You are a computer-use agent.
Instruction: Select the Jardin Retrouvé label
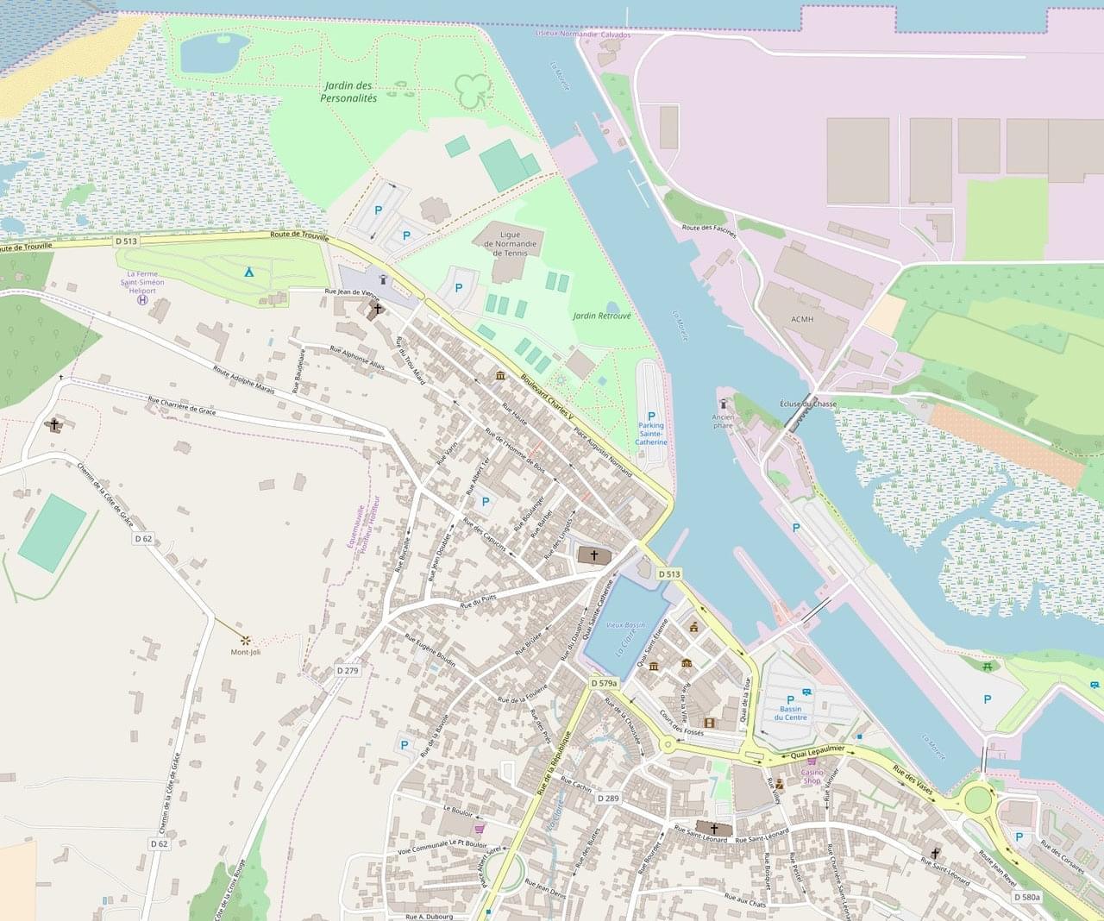coord(602,316)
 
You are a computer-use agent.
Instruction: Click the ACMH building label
coord(802,318)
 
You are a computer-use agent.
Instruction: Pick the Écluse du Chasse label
coord(808,404)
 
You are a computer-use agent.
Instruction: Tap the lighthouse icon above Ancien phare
coord(724,404)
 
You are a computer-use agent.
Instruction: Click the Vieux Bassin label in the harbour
coord(625,623)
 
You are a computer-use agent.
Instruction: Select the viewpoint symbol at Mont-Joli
coord(246,640)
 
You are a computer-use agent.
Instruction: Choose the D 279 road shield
coord(348,670)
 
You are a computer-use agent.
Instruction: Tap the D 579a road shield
coord(605,683)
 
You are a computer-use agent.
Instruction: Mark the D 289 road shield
coord(608,798)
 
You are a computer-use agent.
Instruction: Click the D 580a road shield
coord(1027,897)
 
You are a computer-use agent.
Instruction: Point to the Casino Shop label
coord(813,776)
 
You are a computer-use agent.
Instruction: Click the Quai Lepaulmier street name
coord(816,754)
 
